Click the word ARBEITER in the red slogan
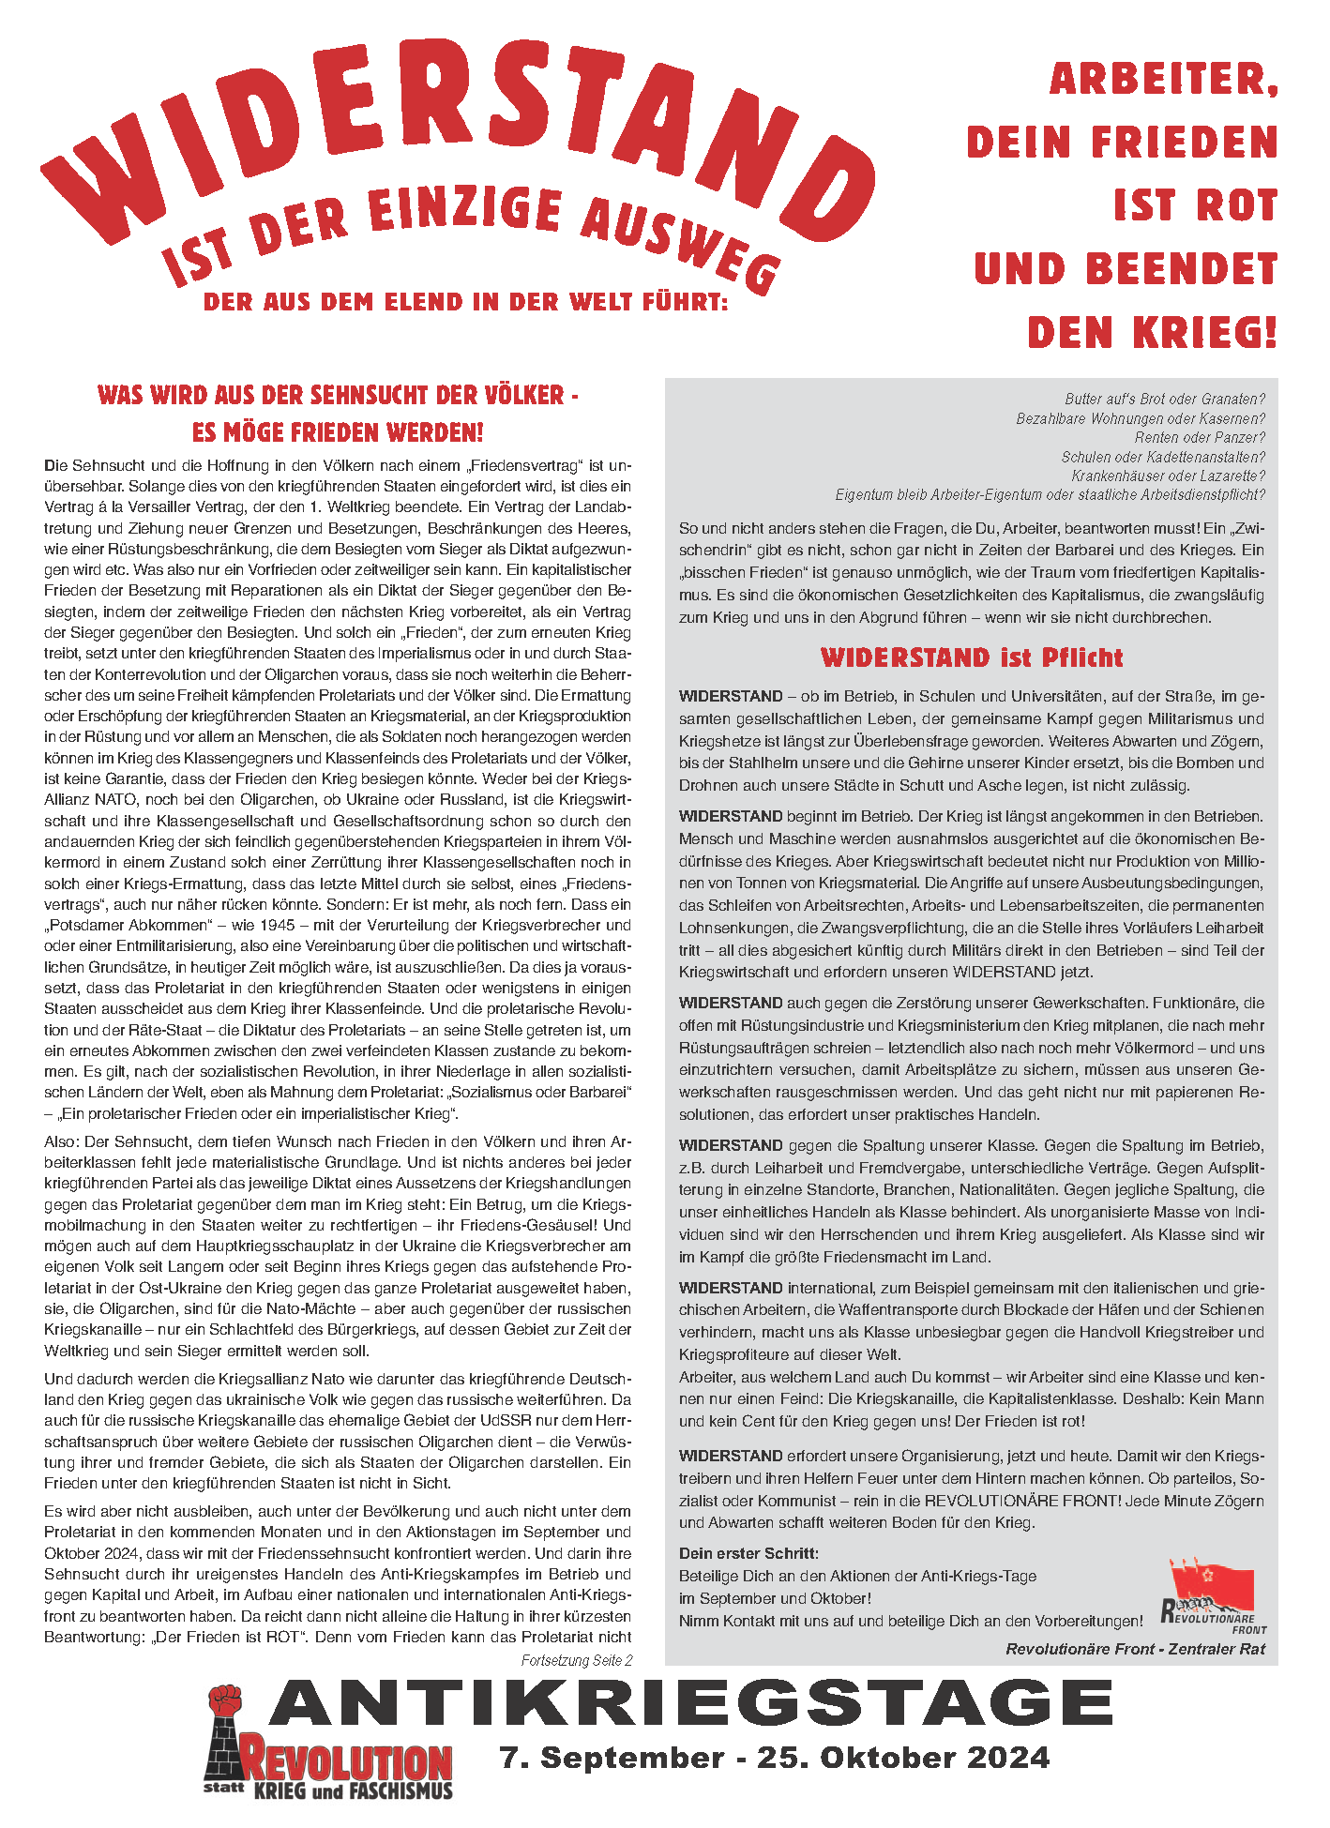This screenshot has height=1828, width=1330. [1163, 80]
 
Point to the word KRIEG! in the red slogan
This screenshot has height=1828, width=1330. [1204, 333]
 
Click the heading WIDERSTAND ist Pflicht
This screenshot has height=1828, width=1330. [972, 657]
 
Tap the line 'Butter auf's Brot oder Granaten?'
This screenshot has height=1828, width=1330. [1164, 400]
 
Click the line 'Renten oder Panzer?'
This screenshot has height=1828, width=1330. [1199, 438]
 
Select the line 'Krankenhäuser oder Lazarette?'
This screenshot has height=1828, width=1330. [1168, 476]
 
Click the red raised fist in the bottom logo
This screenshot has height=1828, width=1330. [225, 1702]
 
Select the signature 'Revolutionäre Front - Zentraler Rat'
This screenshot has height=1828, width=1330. [1135, 1649]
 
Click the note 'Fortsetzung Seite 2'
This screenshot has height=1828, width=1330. [576, 1660]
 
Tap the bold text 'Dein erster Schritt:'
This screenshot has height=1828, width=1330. [748, 1553]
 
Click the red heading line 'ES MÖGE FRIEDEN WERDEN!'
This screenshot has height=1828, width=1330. [338, 432]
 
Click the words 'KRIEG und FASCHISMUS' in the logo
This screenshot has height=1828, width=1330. [353, 1791]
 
